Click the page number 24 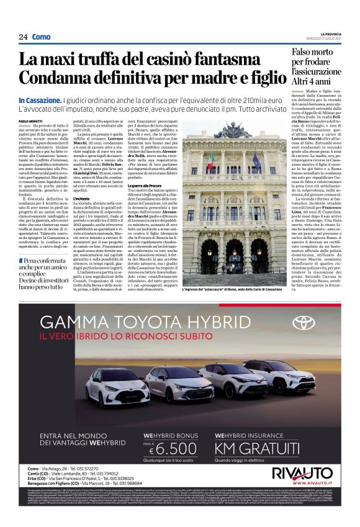(23, 37)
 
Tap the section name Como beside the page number (42, 37)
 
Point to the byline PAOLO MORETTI (32, 120)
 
